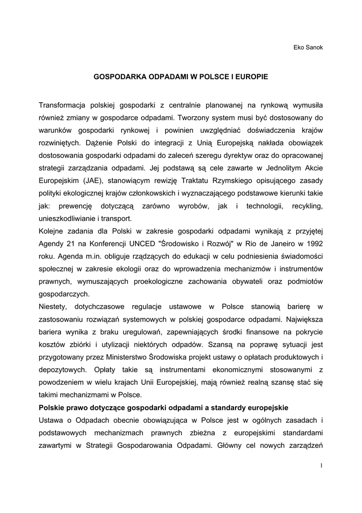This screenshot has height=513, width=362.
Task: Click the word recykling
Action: click(305, 206)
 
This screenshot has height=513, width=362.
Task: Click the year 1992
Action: click(313, 243)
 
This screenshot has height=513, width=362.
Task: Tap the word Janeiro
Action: click(274, 243)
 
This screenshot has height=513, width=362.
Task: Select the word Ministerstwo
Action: click(149, 356)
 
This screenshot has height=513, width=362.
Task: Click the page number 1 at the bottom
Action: click(321, 466)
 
